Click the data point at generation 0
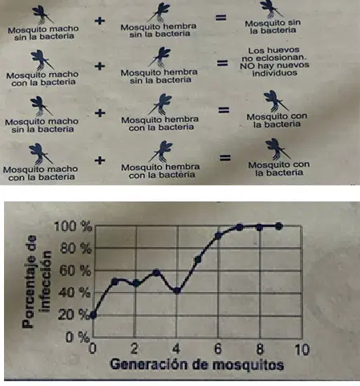93,315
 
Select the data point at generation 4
177,291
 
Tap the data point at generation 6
218,236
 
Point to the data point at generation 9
279,226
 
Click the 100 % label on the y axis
73,227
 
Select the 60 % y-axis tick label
75,270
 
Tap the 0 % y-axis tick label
78,337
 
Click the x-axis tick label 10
302,350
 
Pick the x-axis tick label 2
135,348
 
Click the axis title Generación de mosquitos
197,365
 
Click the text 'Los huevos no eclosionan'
273,54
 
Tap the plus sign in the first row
99,21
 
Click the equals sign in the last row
225,158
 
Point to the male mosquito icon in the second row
42,60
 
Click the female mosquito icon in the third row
161,104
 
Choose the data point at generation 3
156,273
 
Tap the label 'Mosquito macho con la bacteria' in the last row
41,173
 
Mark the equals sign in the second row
222,63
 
